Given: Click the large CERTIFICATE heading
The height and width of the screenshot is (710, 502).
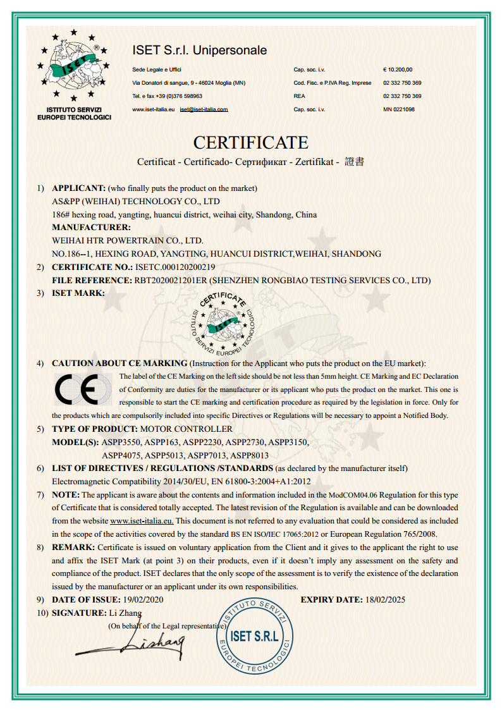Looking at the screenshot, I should (x=250, y=142).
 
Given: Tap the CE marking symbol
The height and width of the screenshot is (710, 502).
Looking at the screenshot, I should (x=83, y=390).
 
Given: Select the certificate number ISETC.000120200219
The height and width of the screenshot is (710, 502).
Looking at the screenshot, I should (x=175, y=267).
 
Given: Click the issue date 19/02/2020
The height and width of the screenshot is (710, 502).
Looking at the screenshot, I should (x=143, y=599).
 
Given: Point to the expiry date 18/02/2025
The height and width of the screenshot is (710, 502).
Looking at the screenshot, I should (x=385, y=599).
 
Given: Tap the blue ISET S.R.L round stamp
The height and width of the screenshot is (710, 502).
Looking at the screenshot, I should (x=255, y=635).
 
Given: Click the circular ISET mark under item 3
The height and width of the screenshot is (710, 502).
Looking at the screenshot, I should (x=225, y=324).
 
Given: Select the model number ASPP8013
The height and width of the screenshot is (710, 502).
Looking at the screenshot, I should (x=250, y=455).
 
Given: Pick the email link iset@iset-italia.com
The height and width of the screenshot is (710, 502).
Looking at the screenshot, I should (x=204, y=109).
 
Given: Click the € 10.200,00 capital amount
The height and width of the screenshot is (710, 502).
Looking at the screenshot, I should (x=398, y=70).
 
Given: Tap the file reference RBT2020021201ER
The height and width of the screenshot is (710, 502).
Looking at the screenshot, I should (x=169, y=280).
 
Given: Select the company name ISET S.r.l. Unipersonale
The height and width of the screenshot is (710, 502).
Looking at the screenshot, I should (x=199, y=51).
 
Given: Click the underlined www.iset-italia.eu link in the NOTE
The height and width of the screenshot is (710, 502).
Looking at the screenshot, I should (x=142, y=521).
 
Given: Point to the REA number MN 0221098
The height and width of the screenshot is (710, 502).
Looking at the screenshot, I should (x=399, y=109).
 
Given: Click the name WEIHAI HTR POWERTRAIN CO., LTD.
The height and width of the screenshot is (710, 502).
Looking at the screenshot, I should (x=127, y=240).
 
